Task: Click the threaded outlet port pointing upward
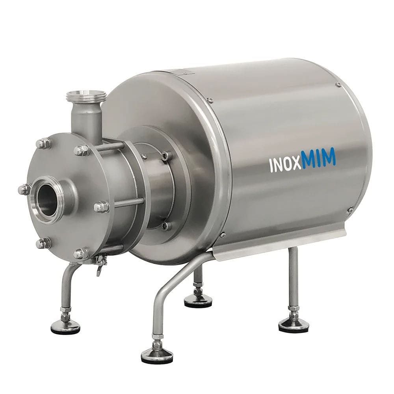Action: click(86, 96)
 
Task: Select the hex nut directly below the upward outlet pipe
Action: click(82, 150)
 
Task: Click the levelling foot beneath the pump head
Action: click(65, 326)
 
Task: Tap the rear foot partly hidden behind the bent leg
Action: click(198, 301)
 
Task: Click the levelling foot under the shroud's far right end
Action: click(294, 324)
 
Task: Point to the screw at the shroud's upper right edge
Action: click(338, 85)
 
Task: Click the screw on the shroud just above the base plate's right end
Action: click(349, 210)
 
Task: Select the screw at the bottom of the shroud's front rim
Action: click(223, 235)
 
